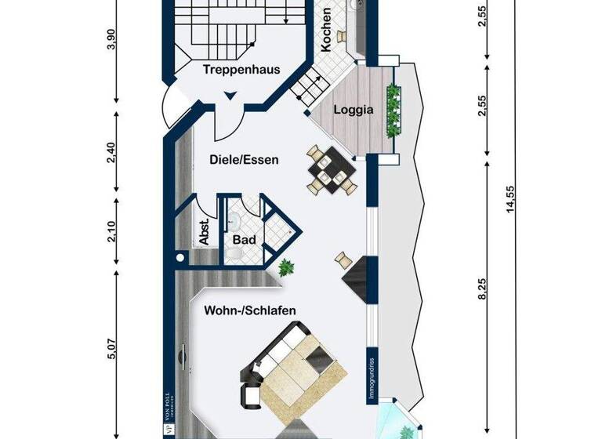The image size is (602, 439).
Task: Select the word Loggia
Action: coord(353,110)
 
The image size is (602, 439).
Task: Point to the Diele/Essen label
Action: coord(245,159)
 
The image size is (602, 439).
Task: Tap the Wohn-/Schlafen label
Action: coord(250,310)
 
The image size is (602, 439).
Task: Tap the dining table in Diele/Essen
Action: coord(328,172)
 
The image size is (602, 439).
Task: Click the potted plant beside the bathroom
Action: coord(285,267)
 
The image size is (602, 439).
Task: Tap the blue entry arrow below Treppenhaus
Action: coord(229,96)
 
